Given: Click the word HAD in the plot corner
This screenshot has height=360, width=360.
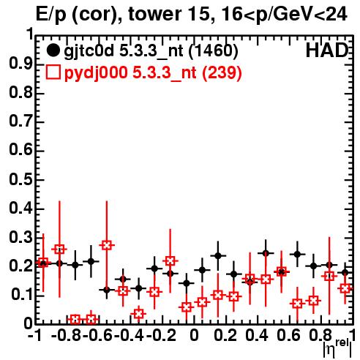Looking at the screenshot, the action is pyautogui.click(x=327, y=50).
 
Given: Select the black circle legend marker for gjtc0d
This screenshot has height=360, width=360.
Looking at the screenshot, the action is pyautogui.click(x=53, y=50).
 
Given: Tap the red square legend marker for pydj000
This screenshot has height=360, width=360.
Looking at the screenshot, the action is pyautogui.click(x=53, y=72).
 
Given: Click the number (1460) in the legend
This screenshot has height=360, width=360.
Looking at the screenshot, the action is pyautogui.click(x=214, y=50).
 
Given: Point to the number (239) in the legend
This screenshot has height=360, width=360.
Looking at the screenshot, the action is pyautogui.click(x=222, y=72).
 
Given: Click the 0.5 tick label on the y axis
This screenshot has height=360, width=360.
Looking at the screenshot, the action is pyautogui.click(x=20, y=179).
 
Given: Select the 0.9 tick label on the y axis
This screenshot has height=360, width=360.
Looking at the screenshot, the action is pyautogui.click(x=20, y=64).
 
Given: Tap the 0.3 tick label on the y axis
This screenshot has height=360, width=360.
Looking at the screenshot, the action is pyautogui.click(x=20, y=237).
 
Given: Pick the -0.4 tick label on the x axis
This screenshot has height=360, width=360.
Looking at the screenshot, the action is pyautogui.click(x=130, y=335).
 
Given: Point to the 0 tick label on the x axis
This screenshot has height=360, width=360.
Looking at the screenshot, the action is pyautogui.click(x=194, y=335).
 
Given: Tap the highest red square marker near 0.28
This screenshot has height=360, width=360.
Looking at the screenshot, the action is pyautogui.click(x=107, y=245).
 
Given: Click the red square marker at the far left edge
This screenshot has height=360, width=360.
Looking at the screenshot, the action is pyautogui.click(x=43, y=263).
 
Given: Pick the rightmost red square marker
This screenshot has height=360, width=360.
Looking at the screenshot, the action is pyautogui.click(x=345, y=288).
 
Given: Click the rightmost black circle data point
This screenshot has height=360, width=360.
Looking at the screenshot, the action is pyautogui.click(x=345, y=273).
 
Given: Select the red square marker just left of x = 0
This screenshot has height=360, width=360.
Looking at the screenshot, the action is pyautogui.click(x=187, y=307).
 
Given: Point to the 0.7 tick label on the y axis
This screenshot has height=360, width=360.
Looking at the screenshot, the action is pyautogui.click(x=20, y=121).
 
